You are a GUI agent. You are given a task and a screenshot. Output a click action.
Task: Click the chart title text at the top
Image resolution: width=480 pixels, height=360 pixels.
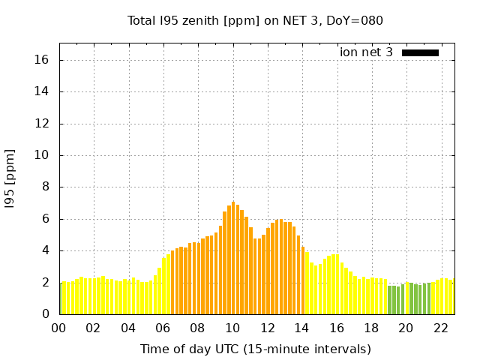255,21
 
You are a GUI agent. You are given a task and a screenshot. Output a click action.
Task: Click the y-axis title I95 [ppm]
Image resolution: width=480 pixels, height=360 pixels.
10,179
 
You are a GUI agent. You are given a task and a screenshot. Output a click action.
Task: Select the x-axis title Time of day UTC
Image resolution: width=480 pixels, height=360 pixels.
255,349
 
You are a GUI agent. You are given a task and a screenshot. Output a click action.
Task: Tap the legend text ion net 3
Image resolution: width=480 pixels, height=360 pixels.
366,52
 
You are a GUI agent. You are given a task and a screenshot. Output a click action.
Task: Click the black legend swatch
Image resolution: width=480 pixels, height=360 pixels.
420,52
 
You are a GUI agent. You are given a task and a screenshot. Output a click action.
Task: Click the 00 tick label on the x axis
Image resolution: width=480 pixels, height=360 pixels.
59,328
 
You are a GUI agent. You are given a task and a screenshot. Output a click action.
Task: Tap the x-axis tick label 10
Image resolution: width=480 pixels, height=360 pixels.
232,328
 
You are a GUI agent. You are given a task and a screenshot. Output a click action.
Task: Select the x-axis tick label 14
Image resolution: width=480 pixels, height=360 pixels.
302,328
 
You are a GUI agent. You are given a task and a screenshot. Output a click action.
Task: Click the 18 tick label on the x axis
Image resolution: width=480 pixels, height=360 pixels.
371,328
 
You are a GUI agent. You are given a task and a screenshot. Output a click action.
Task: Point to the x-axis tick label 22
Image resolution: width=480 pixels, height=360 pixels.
441,328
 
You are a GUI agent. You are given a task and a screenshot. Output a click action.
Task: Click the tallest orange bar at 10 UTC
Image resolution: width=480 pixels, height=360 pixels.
233,259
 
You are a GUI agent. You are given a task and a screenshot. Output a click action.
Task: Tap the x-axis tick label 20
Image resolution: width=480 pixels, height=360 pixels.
406,328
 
